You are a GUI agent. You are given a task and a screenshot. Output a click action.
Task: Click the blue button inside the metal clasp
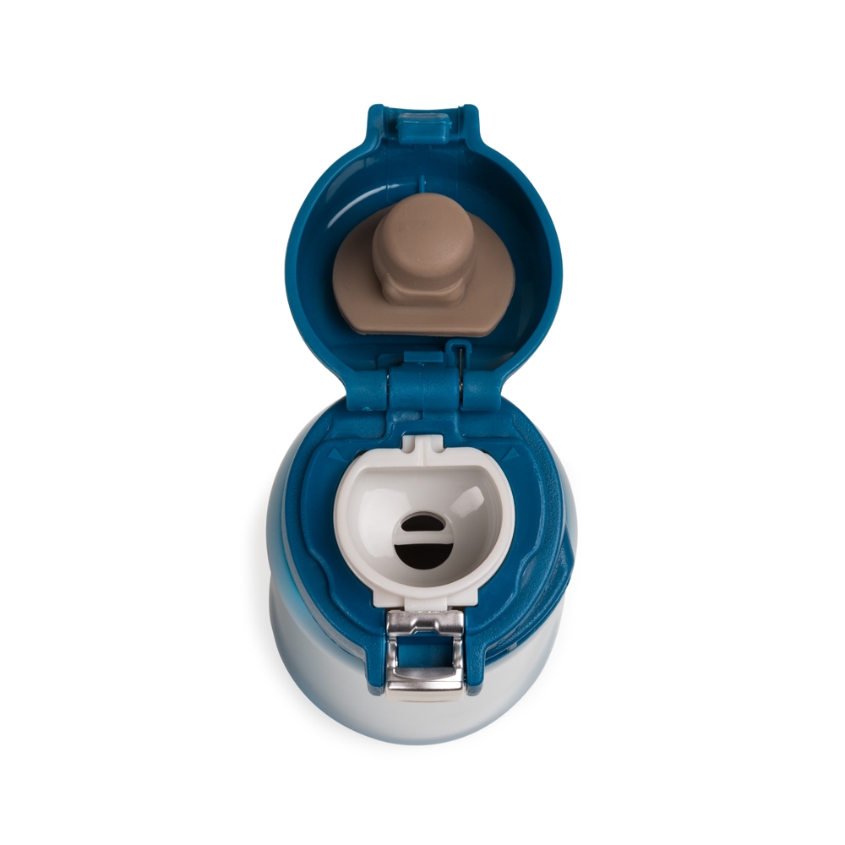click(x=424, y=651)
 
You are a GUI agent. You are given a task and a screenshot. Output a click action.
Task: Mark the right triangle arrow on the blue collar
click(x=510, y=455)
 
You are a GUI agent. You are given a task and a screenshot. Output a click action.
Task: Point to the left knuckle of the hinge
click(x=368, y=390)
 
